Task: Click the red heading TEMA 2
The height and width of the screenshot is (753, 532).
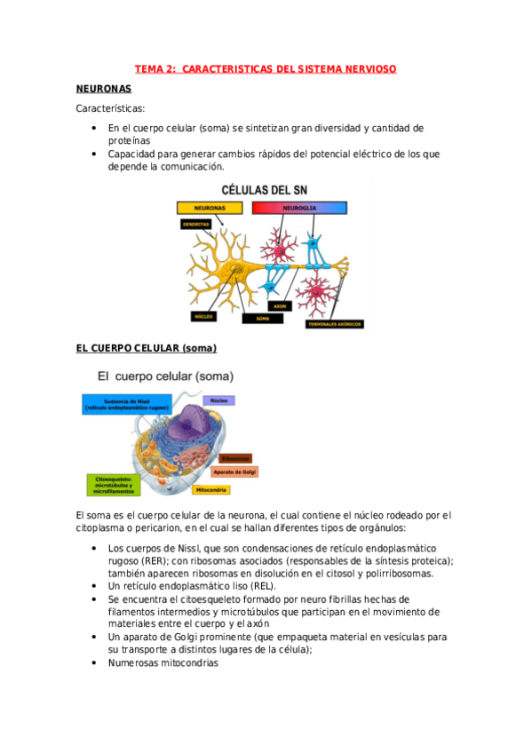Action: pos(265,68)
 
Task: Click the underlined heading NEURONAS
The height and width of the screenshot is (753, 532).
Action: pos(104,89)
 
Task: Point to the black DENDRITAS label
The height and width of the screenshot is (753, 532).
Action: pos(195,225)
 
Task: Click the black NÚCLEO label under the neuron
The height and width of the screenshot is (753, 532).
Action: pos(202,316)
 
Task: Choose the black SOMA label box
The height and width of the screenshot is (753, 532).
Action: pos(263,317)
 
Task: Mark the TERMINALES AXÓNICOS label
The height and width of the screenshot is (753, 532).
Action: pos(334,324)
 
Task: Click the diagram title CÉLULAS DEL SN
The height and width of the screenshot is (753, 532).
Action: pos(266,189)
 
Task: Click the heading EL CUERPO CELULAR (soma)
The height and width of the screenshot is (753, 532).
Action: pos(147,347)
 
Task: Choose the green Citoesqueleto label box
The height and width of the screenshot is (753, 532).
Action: pos(112,485)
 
